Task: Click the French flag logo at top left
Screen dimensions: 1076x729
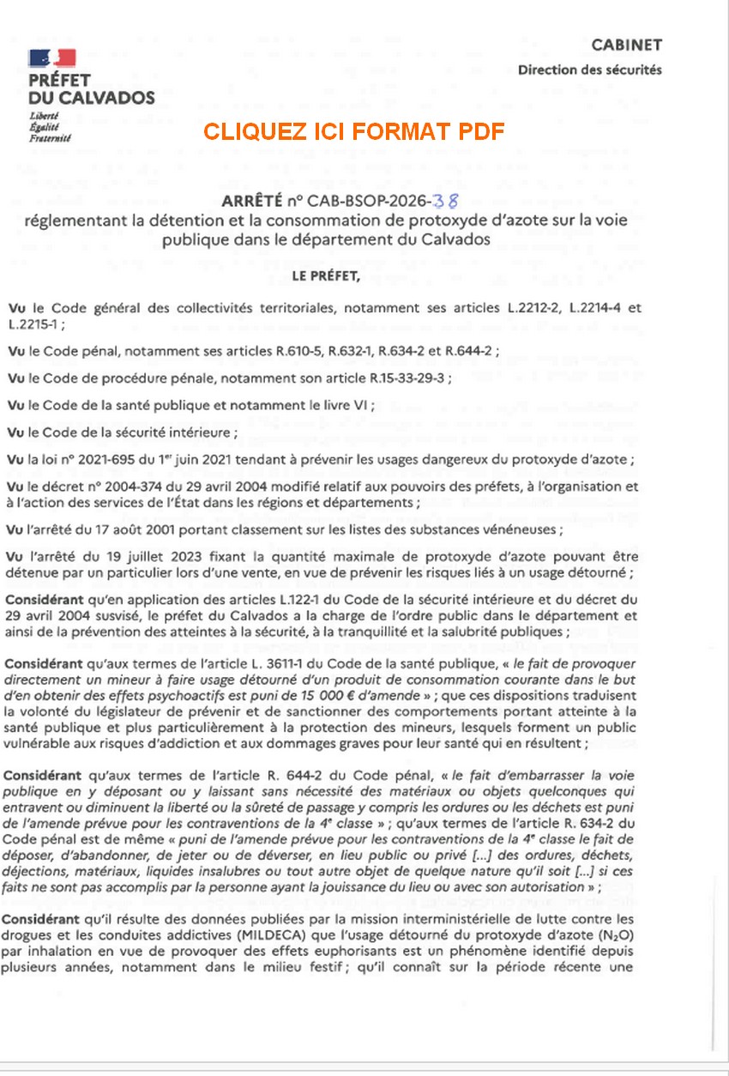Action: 51,57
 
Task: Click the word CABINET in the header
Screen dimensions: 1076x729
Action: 627,45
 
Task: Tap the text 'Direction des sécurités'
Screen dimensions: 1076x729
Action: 589,70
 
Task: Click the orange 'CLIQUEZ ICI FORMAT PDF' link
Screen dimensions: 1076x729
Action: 353,131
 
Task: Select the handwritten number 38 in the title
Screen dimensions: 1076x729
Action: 447,202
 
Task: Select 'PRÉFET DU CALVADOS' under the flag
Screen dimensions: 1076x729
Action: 92,88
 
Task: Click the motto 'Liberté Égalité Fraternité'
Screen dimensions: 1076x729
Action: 50,126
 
